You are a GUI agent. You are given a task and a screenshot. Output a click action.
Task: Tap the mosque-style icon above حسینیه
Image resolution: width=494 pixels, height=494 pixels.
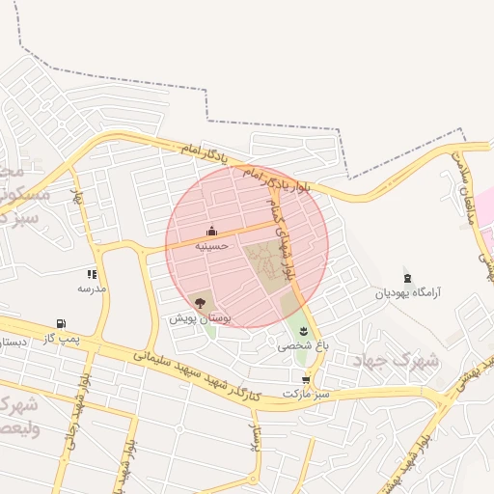pos(211,232)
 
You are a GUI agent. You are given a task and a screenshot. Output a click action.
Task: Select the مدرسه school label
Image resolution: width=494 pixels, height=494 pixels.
pos(92,288)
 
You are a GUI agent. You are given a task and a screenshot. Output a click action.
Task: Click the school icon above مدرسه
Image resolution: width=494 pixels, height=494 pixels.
pos(92,275)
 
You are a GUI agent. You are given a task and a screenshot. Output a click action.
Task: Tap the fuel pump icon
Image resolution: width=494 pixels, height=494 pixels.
pos(62,324)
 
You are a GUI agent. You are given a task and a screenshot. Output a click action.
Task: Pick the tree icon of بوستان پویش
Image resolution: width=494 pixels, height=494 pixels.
pos(200,302)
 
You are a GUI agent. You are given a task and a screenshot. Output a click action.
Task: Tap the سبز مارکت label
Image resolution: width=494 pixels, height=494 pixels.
pos(306,394)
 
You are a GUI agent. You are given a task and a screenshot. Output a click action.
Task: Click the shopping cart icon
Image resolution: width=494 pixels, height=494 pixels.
pos(306,380)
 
